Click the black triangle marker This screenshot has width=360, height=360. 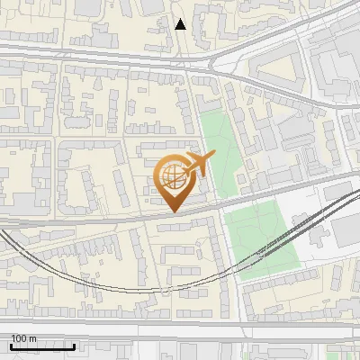(x=181, y=24)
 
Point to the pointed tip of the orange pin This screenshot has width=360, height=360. (x=174, y=211)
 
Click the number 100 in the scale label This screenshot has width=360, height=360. (x=20, y=337)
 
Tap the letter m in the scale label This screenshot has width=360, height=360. (x=33, y=337)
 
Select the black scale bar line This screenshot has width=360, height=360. (x=42, y=346)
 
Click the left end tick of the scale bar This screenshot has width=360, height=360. (x=11, y=345)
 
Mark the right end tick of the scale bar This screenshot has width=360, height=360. (x=75, y=345)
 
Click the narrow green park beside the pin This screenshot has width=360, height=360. (x=216, y=148)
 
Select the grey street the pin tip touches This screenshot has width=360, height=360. (x=135, y=217)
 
